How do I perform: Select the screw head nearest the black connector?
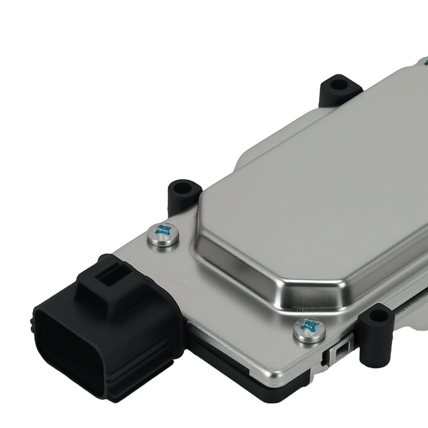(x=163, y=234)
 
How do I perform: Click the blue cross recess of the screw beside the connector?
(x=163, y=230)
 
